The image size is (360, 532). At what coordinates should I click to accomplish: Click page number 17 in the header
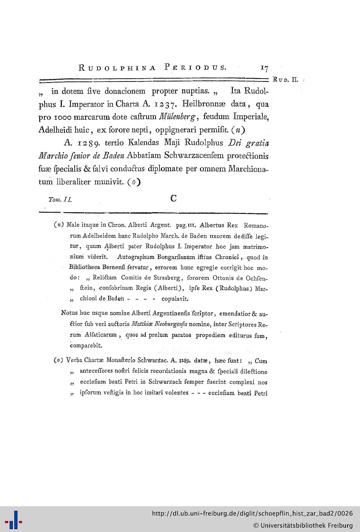pyautogui.click(x=265, y=68)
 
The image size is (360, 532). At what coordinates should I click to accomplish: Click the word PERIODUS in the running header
pyautogui.click(x=195, y=67)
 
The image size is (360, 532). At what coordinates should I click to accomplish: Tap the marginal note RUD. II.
pyautogui.click(x=285, y=79)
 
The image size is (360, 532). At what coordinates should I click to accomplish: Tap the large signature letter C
pyautogui.click(x=174, y=198)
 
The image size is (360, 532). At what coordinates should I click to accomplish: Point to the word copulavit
pyautogui.click(x=175, y=298)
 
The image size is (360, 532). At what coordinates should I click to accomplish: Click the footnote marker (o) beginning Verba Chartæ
pyautogui.click(x=58, y=360)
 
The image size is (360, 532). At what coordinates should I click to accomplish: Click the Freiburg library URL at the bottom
pyautogui.click(x=252, y=514)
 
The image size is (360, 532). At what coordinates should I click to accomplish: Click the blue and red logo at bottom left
pyautogui.click(x=15, y=519)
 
